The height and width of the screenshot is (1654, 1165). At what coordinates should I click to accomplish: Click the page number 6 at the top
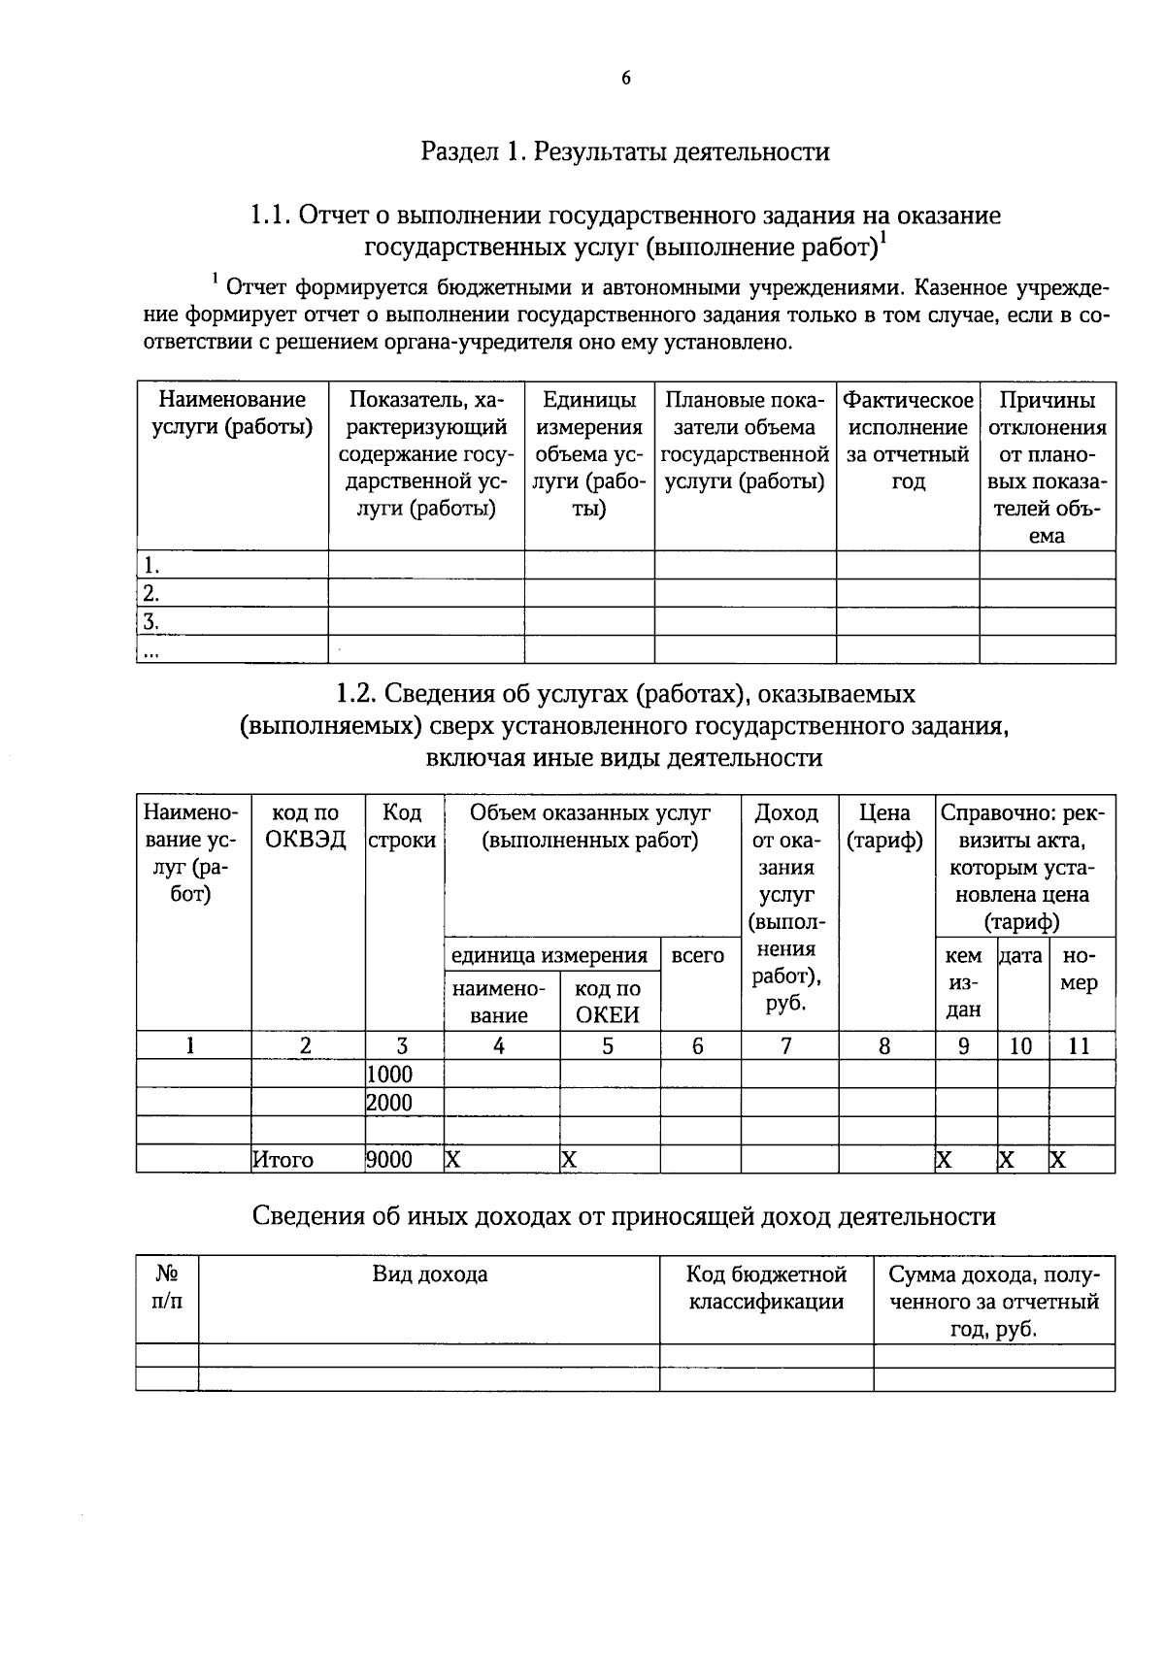pos(626,79)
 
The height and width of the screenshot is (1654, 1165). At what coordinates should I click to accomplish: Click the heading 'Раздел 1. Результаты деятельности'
pos(625,151)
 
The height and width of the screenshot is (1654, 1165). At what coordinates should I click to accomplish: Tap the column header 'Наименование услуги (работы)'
pos(232,413)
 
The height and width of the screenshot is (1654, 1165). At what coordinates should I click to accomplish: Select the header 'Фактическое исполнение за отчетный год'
pos(908,441)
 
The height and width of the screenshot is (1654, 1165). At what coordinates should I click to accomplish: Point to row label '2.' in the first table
pos(150,593)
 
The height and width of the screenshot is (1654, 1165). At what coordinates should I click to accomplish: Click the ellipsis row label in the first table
pos(150,651)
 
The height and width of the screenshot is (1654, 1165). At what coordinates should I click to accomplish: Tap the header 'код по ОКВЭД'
pos(306,826)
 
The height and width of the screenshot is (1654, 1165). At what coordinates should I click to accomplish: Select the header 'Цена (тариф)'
pos(884,826)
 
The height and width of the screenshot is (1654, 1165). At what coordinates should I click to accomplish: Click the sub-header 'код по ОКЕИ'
pos(608,1002)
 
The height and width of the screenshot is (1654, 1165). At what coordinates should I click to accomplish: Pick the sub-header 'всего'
pos(698,955)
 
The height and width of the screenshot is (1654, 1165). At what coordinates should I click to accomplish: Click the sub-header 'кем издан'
pos(963,982)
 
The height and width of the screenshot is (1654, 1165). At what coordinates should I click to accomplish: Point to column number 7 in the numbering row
pos(786,1045)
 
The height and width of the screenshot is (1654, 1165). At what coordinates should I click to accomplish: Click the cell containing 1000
pos(390,1074)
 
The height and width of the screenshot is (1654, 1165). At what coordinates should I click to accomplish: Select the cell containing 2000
pos(390,1103)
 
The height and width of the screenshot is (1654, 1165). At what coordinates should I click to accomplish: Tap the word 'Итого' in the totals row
pos(283,1160)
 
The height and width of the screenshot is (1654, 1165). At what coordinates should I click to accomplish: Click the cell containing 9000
pos(390,1160)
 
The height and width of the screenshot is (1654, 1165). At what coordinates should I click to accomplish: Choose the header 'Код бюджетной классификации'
pos(766,1287)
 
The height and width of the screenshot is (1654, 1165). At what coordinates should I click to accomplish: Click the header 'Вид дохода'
pos(429,1274)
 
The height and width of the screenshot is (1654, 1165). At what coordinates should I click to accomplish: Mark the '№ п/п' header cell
pos(167,1287)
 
